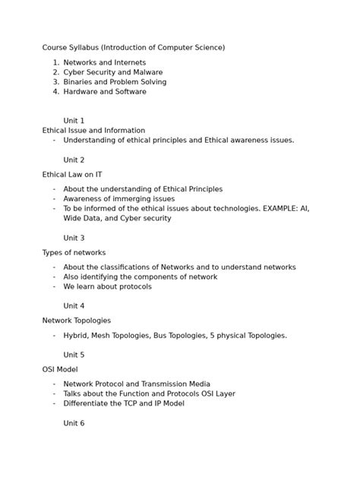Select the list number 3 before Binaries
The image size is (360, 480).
point(55,82)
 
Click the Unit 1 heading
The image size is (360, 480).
point(74,121)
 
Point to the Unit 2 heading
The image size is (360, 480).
point(74,160)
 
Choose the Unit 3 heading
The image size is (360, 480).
point(74,238)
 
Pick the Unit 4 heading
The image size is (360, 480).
point(74,306)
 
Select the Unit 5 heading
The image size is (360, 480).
point(74,355)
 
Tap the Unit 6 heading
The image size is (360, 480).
point(74,423)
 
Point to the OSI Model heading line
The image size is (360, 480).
point(61,369)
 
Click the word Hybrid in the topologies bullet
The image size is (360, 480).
point(76,335)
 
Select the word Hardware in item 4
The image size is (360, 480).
point(81,92)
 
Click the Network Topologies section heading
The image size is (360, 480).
point(76,321)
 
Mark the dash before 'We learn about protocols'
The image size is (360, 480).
point(55,287)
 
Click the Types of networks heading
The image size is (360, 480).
point(74,252)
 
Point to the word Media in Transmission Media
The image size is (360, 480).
point(196,384)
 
